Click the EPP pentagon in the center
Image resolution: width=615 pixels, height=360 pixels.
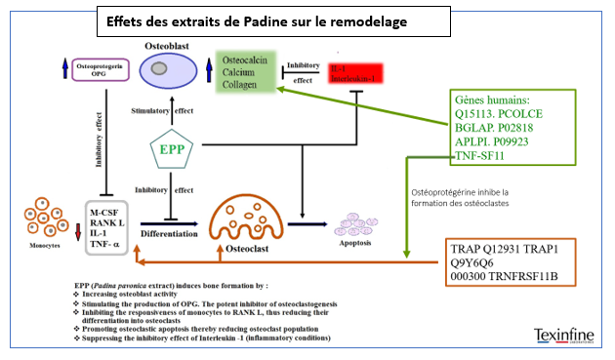click(173, 152)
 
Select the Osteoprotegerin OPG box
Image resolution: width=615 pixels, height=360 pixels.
click(100, 70)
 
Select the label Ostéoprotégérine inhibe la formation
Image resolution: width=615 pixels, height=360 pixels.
click(465, 199)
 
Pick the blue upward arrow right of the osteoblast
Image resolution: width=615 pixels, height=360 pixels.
click(210, 69)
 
